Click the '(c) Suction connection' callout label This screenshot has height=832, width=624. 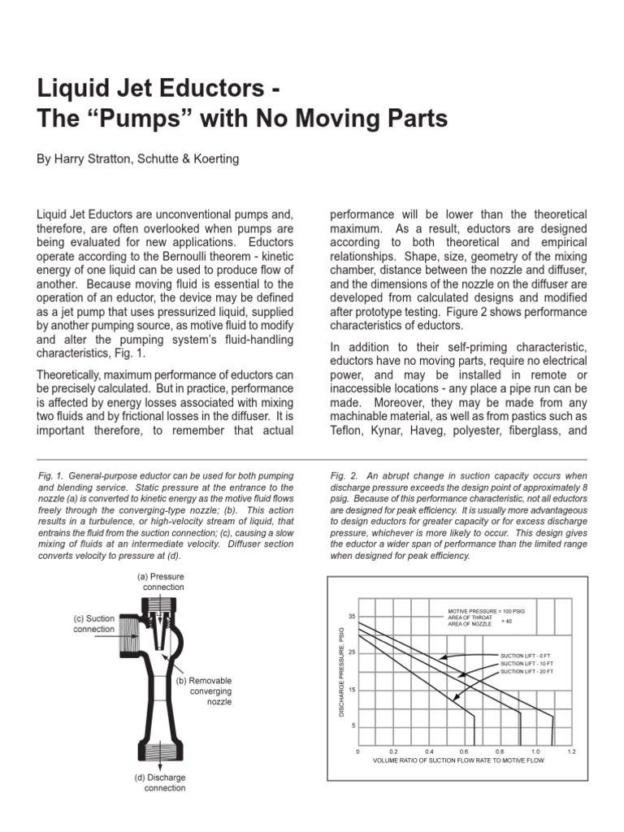point(94,623)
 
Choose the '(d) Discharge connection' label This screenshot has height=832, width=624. point(160,782)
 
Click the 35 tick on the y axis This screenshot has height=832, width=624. point(352,617)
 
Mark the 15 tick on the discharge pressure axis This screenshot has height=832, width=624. point(352,690)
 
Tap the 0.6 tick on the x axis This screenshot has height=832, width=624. point(464,752)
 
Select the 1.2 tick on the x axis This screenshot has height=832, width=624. point(571,752)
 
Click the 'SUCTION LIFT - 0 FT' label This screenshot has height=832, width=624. point(526,654)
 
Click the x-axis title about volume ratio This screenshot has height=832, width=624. point(458,760)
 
